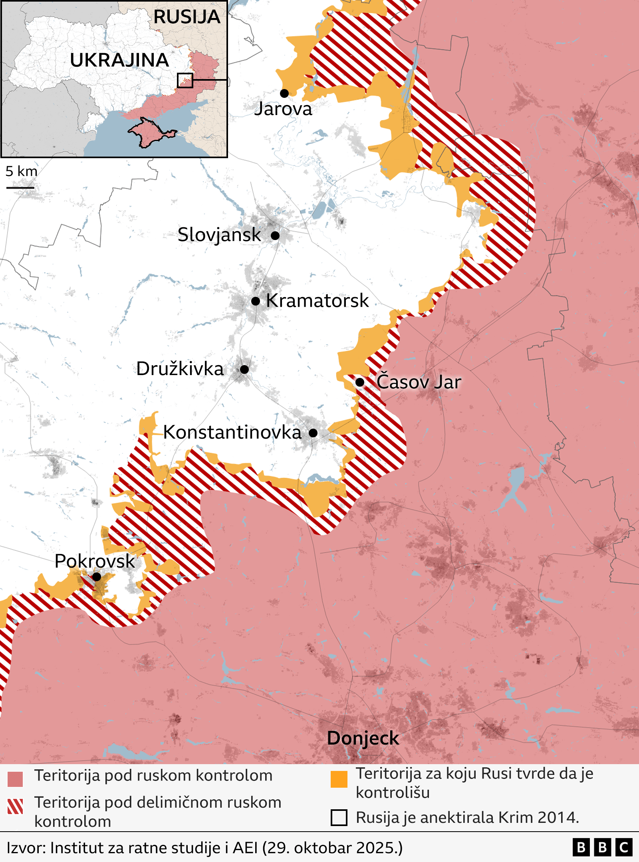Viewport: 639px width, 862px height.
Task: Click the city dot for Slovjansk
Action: (275, 235)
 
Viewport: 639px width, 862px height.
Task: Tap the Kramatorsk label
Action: (317, 300)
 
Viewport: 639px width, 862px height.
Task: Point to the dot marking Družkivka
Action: (244, 369)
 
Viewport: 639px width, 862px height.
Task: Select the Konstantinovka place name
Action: (232, 432)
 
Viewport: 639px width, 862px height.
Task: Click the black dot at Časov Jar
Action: (360, 382)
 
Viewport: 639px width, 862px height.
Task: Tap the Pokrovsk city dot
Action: (97, 577)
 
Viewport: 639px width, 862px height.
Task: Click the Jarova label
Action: (283, 109)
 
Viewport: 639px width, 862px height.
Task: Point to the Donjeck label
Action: (363, 738)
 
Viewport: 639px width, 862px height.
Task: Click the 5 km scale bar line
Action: (20, 187)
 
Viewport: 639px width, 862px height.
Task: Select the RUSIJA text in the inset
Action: (187, 17)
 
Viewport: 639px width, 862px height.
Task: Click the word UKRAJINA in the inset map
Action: (119, 60)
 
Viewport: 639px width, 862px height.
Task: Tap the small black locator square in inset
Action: (185, 80)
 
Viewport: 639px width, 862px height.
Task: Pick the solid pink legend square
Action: (15, 779)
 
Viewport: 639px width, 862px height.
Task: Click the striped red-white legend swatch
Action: (15, 806)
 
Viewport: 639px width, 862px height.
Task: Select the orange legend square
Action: (339, 779)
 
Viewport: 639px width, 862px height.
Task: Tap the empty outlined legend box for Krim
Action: (339, 817)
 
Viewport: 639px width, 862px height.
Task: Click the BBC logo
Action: (602, 847)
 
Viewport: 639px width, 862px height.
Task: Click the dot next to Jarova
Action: (284, 93)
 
